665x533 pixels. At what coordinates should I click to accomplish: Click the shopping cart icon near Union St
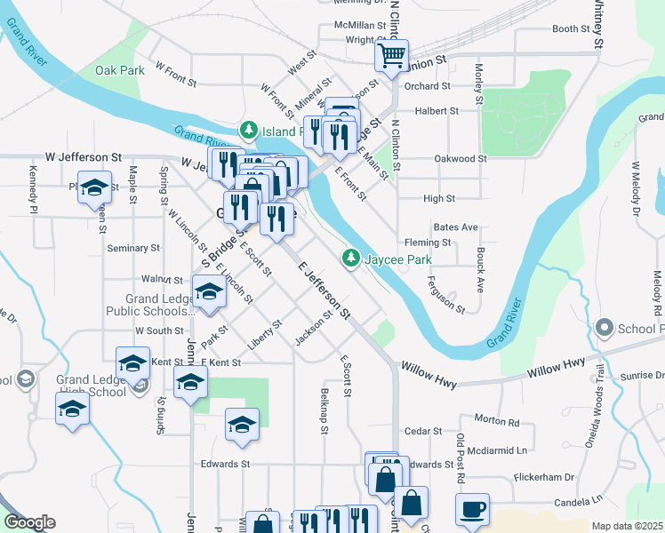[391, 56]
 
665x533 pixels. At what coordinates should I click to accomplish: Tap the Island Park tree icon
[250, 131]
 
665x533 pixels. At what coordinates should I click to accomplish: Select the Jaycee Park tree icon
[351, 259]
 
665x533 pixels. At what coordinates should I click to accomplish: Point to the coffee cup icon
[472, 510]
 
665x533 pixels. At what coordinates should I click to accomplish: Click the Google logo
[29, 522]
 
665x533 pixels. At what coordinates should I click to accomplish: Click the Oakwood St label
[461, 158]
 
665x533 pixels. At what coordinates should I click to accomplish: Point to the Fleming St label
[428, 243]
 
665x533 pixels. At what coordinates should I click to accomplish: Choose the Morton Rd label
[497, 420]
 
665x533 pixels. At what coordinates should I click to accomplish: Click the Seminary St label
[133, 249]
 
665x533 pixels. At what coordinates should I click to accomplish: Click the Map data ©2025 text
[626, 526]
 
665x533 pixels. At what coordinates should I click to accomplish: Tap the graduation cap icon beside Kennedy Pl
[94, 188]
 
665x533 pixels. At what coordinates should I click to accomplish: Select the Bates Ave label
[456, 227]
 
